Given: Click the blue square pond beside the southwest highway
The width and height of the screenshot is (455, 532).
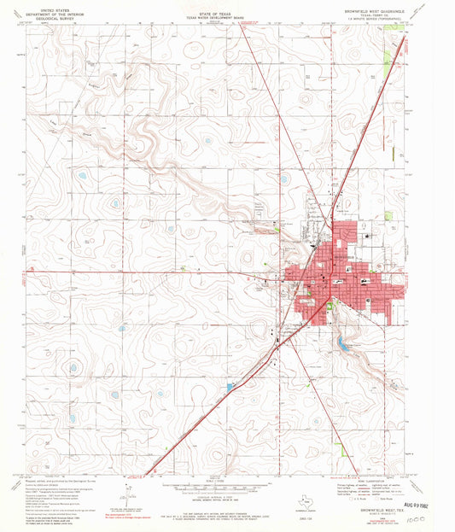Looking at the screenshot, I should [x=228, y=387].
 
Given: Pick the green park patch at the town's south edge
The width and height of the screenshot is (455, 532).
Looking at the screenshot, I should [x=328, y=305].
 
